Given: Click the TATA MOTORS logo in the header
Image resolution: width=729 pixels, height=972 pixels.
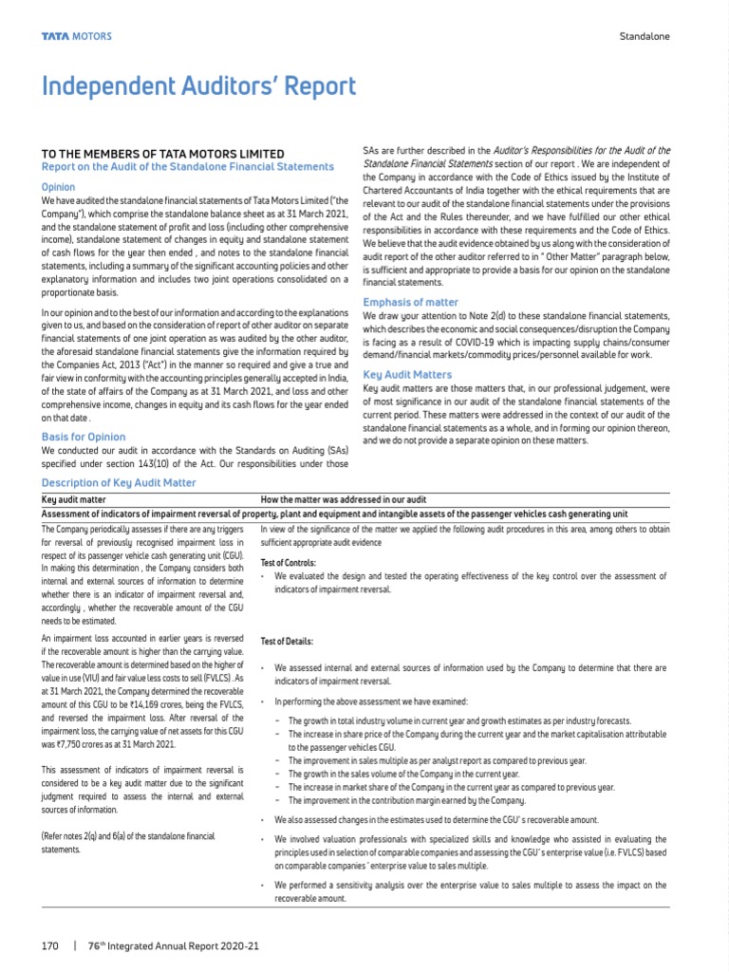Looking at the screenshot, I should (76, 36).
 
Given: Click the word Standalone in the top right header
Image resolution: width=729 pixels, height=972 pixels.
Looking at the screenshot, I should (645, 36).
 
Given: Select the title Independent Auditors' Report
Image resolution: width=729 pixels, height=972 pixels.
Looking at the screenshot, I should (198, 87).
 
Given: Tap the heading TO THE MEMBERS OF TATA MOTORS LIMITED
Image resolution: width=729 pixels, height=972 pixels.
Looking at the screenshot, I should (162, 153).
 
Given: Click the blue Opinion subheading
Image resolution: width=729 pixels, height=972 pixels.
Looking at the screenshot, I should (58, 188).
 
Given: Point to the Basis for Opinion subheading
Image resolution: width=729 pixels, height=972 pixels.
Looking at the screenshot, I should (84, 437).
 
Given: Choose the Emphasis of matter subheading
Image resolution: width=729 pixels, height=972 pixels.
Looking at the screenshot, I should (411, 303).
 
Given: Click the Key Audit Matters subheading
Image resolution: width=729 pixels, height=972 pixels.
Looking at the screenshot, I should (407, 375).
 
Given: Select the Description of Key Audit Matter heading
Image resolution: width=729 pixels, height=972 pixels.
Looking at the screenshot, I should (119, 483).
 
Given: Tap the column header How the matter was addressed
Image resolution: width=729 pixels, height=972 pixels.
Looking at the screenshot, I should (343, 499).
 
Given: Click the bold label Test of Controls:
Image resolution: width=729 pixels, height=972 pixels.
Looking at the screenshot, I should (289, 562).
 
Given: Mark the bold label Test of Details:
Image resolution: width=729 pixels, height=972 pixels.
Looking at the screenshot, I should (287, 642).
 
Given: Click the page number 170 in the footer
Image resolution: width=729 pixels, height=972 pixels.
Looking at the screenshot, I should (50, 946).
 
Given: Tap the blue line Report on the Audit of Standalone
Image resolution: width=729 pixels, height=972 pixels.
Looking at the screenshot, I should (187, 167).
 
